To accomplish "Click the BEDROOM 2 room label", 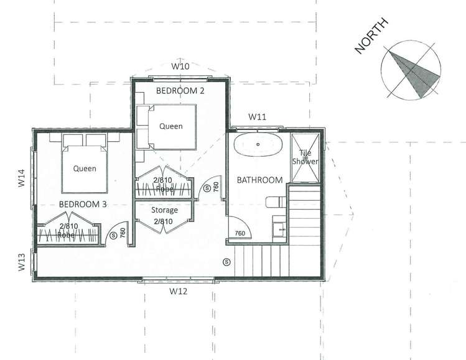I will [180, 91].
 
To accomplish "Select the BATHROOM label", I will [260, 180].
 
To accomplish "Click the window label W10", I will [180, 66].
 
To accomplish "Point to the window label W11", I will [258, 116].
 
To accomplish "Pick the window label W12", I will [179, 290].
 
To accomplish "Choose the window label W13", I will [22, 262].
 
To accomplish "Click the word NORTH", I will [371, 36].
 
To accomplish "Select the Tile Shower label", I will [306, 157].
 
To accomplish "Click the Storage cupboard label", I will [165, 210].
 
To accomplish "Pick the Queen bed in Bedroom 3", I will [85, 167].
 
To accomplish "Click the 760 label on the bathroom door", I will [240, 233].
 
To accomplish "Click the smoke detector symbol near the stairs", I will [226, 261].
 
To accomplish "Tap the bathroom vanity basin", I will [279, 229].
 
